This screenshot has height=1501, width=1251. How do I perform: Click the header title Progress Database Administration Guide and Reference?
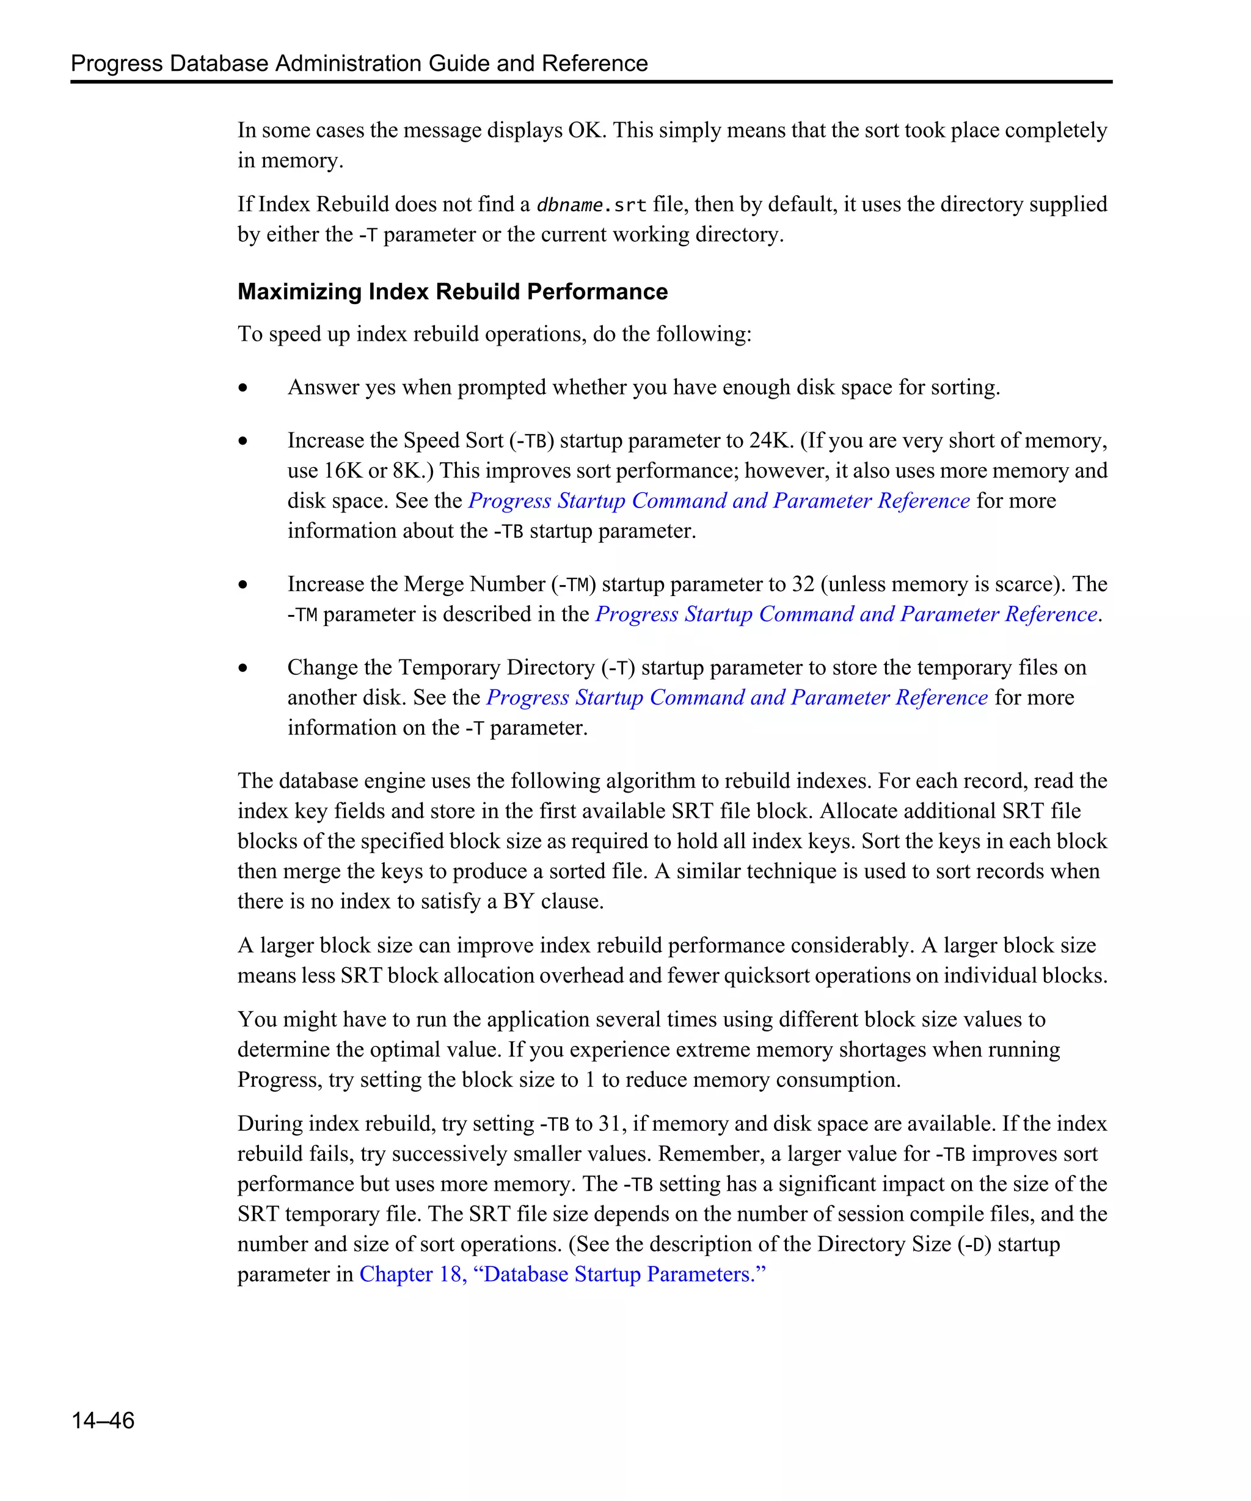[359, 64]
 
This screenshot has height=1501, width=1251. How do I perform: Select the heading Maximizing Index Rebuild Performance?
[453, 292]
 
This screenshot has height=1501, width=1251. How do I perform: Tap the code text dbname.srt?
[591, 205]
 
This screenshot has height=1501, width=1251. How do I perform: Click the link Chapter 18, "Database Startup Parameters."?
[562, 1274]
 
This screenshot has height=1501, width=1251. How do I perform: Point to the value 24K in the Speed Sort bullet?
[771, 440]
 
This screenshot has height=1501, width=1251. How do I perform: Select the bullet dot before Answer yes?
[244, 388]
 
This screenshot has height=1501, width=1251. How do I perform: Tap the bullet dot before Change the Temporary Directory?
[244, 668]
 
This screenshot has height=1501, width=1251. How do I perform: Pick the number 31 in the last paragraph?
[610, 1124]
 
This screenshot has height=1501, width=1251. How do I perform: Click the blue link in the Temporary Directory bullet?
[737, 697]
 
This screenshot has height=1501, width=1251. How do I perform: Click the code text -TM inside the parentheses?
[574, 584]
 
